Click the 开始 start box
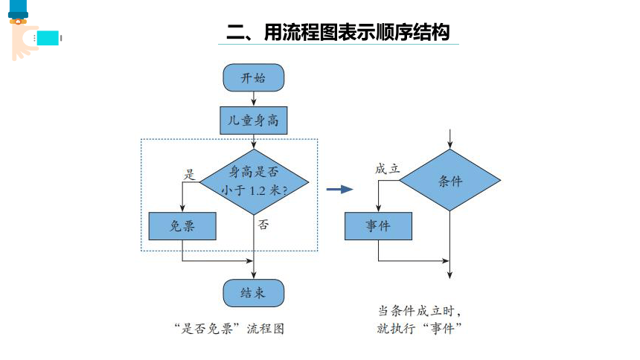point(254,77)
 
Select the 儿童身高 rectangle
point(254,120)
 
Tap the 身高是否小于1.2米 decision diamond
point(254,181)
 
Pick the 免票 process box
point(182,225)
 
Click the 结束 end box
point(254,293)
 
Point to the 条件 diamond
point(449,180)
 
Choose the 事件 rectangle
point(378,225)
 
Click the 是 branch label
point(189,175)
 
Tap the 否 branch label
point(263,225)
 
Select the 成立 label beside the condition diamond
point(387,169)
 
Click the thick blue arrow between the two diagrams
point(339,189)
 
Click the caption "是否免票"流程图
point(229,329)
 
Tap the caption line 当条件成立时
point(419,311)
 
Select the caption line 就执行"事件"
point(419,328)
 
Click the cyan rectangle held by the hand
point(48,38)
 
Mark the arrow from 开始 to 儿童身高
point(254,99)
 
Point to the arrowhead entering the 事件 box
point(378,208)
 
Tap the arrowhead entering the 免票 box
point(182,208)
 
